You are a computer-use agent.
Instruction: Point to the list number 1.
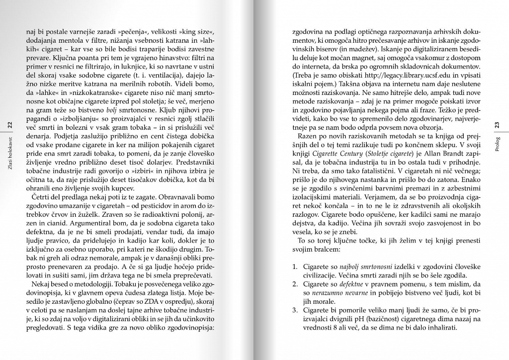point(294,267)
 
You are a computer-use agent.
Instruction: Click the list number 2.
point(294,284)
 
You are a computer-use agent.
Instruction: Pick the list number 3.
point(294,311)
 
